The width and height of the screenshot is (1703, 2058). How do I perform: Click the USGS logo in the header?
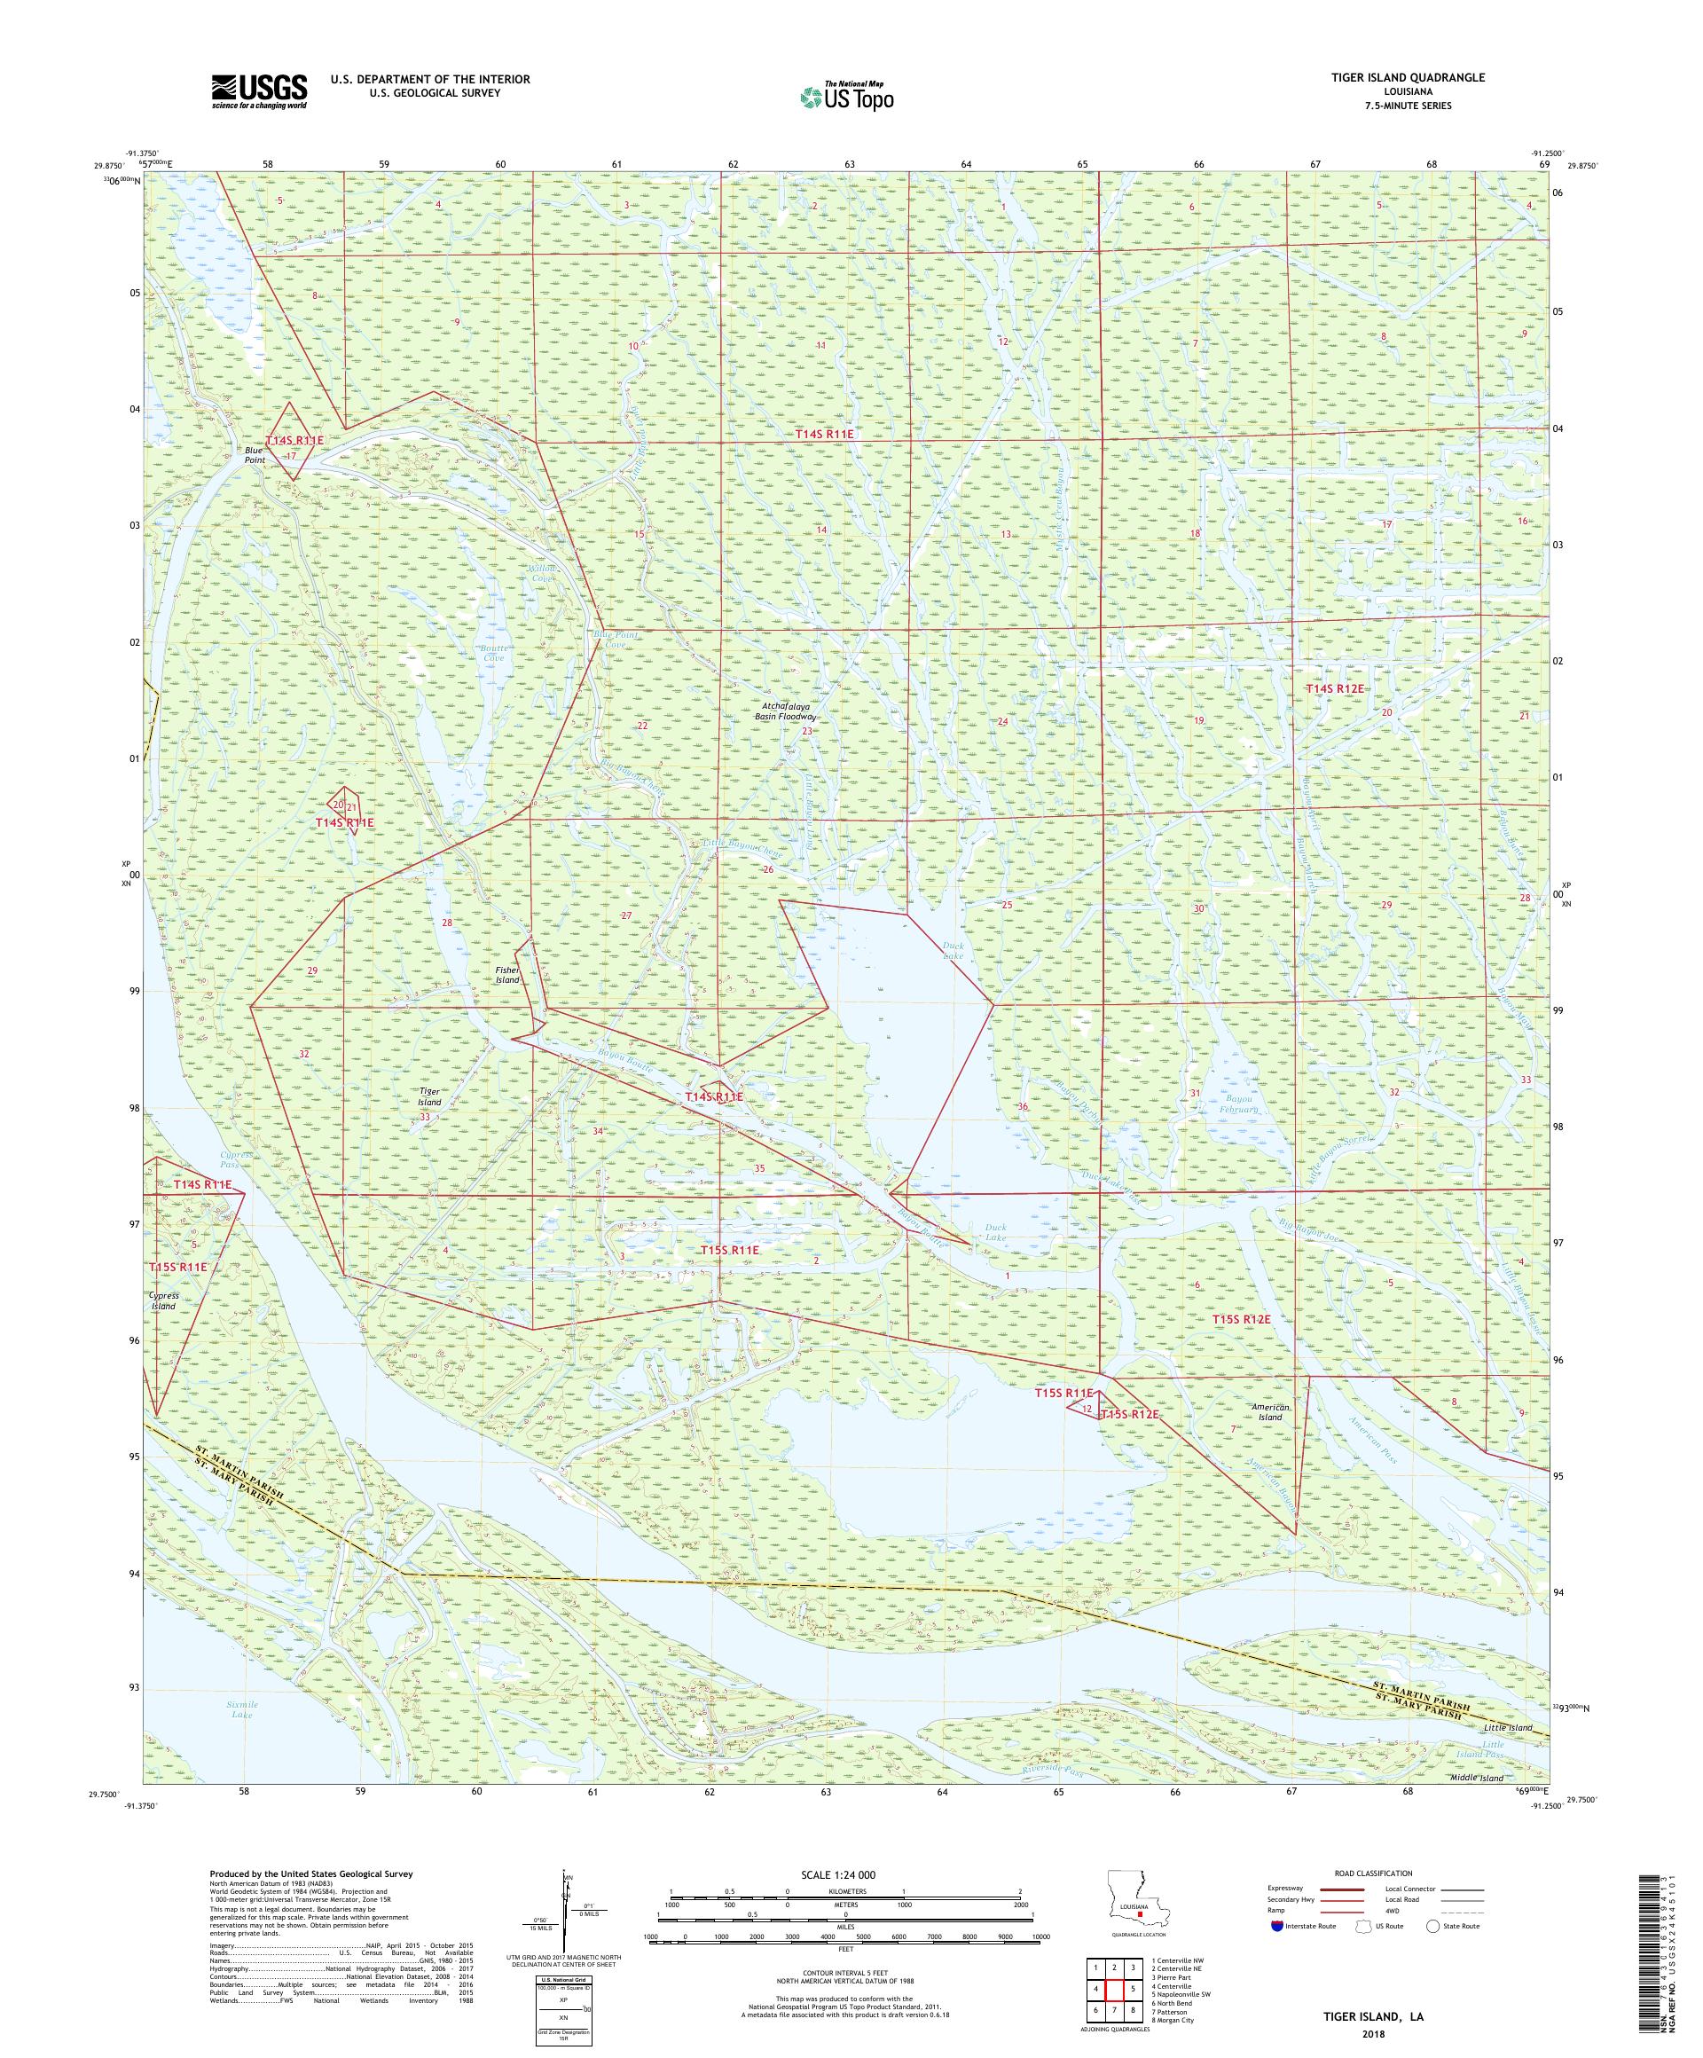pos(259,91)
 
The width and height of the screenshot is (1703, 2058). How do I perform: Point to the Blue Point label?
pos(255,455)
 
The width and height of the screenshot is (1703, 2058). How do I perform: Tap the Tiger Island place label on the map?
pos(429,1096)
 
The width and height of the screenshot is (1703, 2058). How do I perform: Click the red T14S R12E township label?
pos(1335,689)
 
